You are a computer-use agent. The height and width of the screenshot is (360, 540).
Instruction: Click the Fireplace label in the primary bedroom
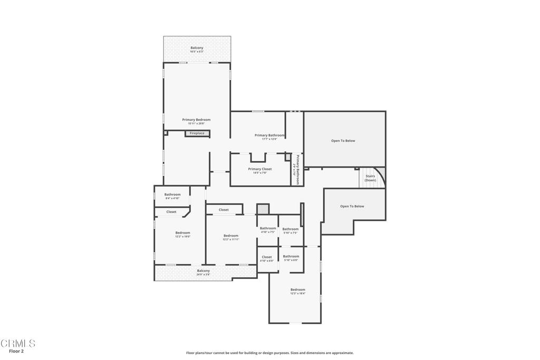point(197,133)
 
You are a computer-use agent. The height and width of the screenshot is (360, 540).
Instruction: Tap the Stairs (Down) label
point(370,178)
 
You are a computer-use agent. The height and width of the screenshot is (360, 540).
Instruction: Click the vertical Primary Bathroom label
point(297,169)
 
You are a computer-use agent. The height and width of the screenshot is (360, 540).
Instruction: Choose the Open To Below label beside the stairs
point(352,206)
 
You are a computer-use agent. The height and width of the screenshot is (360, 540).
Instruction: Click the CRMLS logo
point(17,344)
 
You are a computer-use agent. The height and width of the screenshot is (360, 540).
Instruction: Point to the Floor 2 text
point(16,351)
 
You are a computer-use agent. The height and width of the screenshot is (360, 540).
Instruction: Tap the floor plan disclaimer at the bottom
point(269,353)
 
